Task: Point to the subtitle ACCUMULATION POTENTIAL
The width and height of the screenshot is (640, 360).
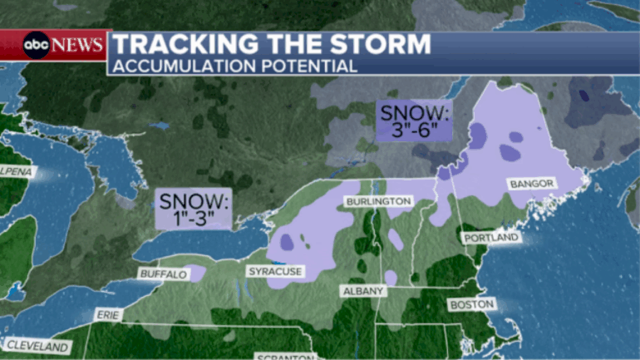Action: [236, 66]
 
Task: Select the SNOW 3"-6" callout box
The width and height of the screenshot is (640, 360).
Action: [413, 121]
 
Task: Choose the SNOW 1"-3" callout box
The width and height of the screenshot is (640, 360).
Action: [193, 209]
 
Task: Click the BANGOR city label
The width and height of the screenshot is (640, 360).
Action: [532, 183]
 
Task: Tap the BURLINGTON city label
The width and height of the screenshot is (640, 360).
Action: [378, 202]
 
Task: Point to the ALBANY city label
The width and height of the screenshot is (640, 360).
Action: [362, 291]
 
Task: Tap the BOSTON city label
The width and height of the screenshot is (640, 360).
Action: [471, 305]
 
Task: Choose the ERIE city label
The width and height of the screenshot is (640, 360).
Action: [109, 315]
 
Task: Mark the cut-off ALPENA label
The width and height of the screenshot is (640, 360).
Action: [16, 170]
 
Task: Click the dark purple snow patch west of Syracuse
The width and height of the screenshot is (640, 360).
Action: [287, 242]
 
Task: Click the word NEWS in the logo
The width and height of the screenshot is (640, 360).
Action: [78, 44]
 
